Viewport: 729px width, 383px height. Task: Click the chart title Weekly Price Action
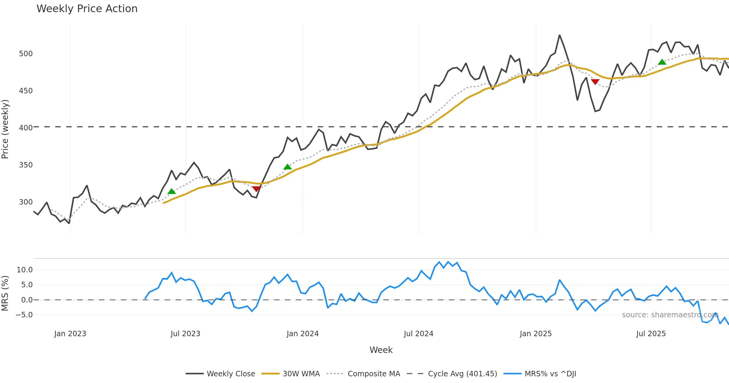(x=87, y=9)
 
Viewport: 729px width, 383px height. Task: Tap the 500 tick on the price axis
(x=26, y=54)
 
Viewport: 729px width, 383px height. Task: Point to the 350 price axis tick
(x=26, y=165)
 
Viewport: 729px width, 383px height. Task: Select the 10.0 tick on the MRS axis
(x=24, y=270)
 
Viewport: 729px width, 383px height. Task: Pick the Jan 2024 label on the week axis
(x=303, y=334)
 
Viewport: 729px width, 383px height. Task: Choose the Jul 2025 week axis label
(x=651, y=334)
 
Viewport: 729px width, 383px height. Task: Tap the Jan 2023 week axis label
(x=70, y=334)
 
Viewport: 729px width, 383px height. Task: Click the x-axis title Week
(x=381, y=350)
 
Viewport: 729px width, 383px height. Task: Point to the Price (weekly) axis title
(x=5, y=129)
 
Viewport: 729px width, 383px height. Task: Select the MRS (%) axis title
(x=5, y=293)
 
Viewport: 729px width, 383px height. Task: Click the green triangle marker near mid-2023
(x=172, y=191)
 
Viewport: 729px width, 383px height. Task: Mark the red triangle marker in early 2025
(x=595, y=82)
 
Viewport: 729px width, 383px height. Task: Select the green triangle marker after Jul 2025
(x=662, y=62)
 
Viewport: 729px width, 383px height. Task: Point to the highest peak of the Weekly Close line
(x=560, y=35)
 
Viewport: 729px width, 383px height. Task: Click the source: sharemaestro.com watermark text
(x=670, y=315)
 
